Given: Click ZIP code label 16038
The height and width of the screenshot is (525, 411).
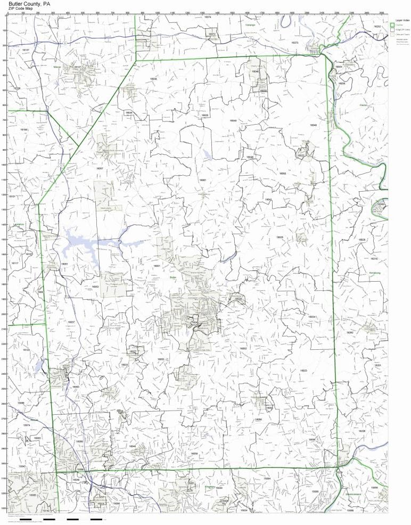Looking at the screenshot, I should pos(153,79).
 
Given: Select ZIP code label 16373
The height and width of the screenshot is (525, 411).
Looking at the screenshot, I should pos(295,42).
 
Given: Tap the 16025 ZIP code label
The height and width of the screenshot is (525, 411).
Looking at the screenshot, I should pos(280,237).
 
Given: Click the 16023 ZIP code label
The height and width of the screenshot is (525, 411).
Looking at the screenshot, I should pos(303,371).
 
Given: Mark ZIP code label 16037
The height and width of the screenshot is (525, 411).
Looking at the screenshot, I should pos(71,322).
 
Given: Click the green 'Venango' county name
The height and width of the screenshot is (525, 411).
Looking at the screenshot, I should pos(250,25).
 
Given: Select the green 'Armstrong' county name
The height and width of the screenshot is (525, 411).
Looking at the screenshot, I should pos(375,273).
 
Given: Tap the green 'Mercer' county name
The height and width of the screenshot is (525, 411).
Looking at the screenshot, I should pos(57,68).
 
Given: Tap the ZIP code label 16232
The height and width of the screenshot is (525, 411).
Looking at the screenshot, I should pos(377,26).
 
